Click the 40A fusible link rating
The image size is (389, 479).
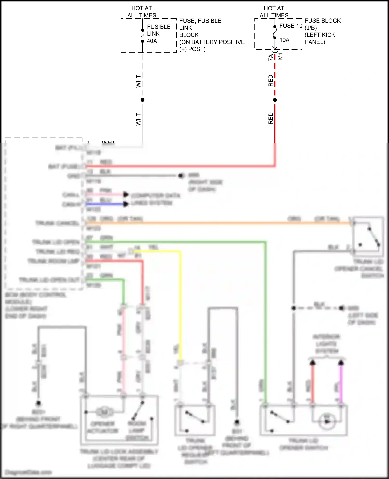152,41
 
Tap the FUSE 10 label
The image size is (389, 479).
291,26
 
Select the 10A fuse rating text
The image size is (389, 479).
284,40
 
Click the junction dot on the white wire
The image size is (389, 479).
142,100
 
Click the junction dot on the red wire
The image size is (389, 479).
275,100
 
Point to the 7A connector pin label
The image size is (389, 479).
270,57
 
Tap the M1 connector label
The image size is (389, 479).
280,56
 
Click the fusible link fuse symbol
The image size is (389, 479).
142,36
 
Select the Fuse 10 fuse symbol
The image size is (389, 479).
275,32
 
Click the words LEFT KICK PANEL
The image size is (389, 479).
320,38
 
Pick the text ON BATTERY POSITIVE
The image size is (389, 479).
212,42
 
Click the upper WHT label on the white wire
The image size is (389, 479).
138,81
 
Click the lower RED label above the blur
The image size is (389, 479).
270,118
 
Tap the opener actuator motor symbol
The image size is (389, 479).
105,412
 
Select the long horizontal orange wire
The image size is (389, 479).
218,223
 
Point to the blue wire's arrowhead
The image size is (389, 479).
126,204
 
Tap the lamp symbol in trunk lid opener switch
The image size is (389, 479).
327,421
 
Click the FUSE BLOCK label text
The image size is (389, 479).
322,21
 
